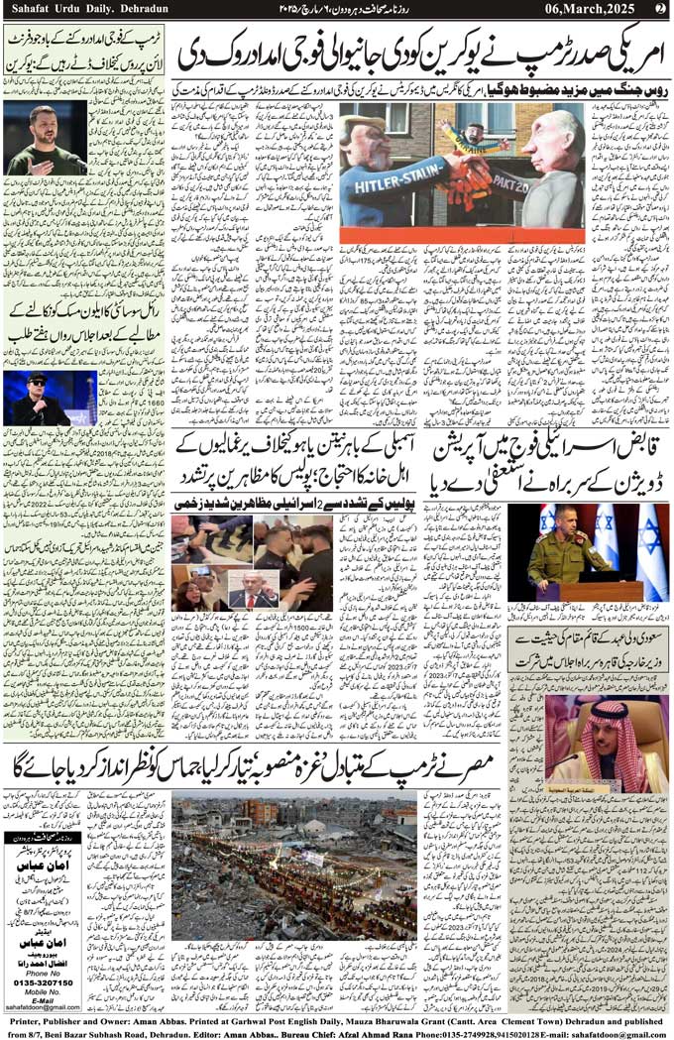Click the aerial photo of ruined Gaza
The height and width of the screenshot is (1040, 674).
pyautogui.click(x=293, y=866)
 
